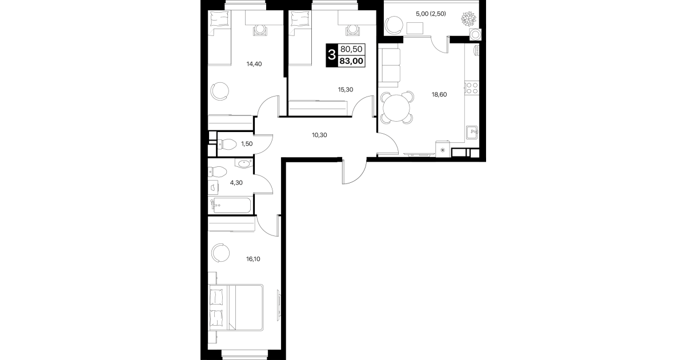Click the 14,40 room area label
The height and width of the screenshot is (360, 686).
[x=254, y=64]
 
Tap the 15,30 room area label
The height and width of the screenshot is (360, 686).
[x=346, y=90]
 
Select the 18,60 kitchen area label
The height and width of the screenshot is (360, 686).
[x=439, y=95]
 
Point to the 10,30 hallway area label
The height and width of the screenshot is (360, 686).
[x=319, y=135]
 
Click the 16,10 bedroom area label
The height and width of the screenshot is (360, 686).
[x=253, y=259]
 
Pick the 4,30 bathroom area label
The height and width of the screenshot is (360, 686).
[x=236, y=183]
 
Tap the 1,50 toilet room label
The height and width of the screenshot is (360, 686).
[x=247, y=143]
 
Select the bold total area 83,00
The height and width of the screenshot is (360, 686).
[x=351, y=61]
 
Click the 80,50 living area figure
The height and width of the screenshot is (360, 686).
[x=351, y=49]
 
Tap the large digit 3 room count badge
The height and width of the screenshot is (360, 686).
[x=331, y=55]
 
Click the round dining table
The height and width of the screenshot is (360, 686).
[x=396, y=108]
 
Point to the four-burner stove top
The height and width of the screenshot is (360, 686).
[x=471, y=88]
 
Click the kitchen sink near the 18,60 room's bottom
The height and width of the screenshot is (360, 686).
[x=472, y=133]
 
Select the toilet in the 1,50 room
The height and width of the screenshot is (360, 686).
[x=226, y=144]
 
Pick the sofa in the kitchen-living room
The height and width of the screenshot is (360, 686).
[x=390, y=66]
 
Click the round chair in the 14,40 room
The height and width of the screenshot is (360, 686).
[x=219, y=91]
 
